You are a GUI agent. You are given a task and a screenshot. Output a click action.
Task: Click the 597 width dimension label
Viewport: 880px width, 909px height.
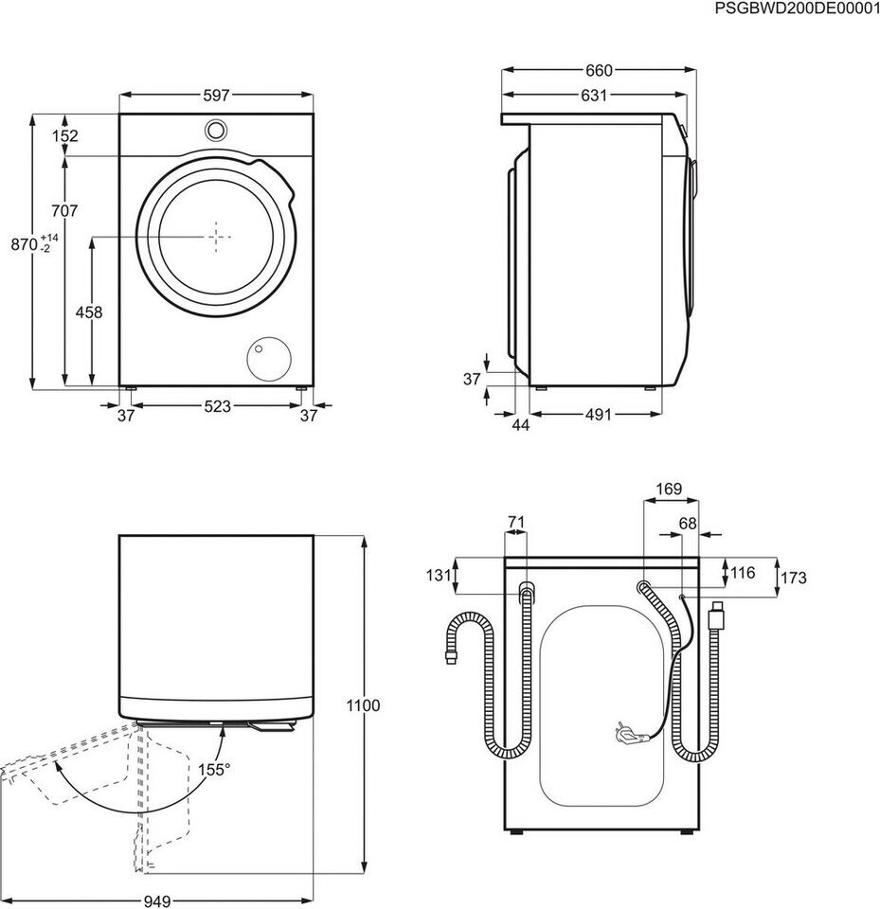point(216,95)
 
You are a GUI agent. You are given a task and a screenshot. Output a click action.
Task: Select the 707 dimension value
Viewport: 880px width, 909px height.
point(63,210)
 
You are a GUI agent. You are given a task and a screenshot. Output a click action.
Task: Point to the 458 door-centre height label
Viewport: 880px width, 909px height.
point(89,312)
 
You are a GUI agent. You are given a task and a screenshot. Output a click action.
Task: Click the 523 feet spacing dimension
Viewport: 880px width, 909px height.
point(218,406)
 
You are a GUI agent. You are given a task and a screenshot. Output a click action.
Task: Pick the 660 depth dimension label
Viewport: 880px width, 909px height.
point(599,70)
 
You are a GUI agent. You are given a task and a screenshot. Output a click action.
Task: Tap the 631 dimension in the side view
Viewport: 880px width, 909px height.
point(594,95)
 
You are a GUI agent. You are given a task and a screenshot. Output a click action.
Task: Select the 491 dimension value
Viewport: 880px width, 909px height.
point(598,414)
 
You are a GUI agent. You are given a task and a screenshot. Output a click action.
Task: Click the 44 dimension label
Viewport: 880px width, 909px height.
point(521,425)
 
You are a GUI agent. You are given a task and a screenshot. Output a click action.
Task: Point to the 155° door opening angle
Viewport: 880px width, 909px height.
point(214,769)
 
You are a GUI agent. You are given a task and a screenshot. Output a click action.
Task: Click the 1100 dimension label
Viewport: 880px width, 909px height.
point(363,705)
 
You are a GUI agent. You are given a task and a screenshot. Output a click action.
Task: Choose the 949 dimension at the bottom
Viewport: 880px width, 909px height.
point(156,900)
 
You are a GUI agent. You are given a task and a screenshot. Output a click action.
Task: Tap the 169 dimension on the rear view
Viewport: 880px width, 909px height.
point(669,489)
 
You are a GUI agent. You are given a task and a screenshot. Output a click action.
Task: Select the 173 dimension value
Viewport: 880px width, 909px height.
point(794,578)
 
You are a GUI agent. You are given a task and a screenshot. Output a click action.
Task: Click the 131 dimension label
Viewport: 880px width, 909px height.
point(439,575)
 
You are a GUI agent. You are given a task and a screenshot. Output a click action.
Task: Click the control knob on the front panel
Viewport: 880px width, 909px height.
point(215,130)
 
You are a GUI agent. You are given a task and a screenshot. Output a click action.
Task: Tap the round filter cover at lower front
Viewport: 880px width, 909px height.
point(269,359)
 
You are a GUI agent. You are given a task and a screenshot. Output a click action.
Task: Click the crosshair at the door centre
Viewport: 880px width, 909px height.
point(216,237)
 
